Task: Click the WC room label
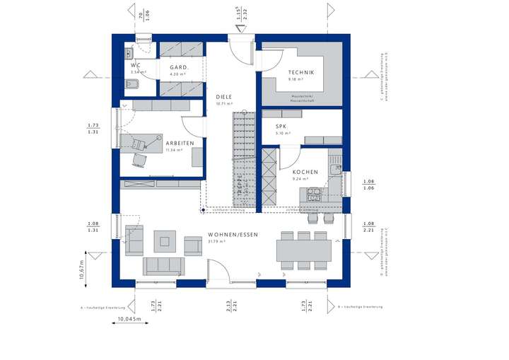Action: coord(134,65)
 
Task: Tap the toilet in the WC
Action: coord(130,86)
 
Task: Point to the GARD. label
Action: coord(177,68)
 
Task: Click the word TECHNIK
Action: coord(300,73)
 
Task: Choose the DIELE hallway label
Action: coord(224,98)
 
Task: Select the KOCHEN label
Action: coord(305,172)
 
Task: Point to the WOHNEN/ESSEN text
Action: coord(232,234)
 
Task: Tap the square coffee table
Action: coord(165,241)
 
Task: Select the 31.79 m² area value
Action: coord(216,241)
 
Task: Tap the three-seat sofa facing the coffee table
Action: coord(163,266)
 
